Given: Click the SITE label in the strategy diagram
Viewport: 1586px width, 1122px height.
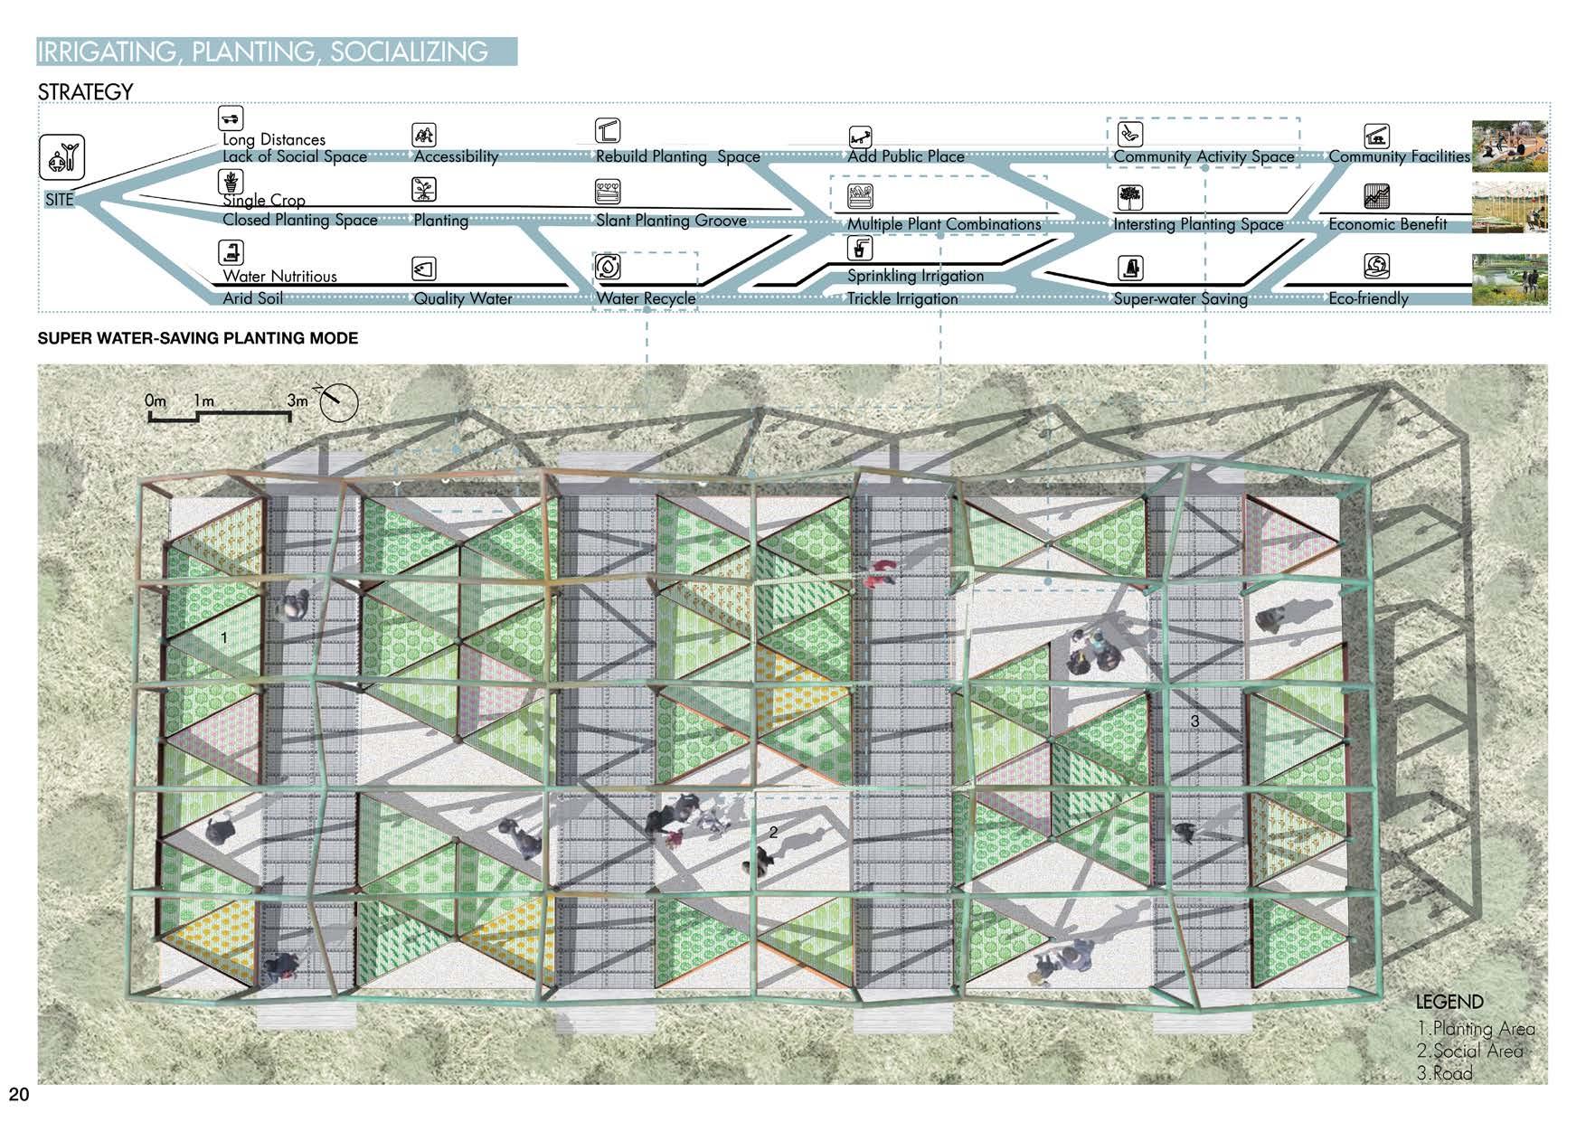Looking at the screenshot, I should click(60, 199).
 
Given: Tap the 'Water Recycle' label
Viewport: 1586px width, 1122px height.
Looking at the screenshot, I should click(646, 298).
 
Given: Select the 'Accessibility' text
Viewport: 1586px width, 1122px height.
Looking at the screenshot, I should click(456, 156).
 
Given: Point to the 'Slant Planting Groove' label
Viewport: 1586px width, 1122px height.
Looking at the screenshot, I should click(671, 221).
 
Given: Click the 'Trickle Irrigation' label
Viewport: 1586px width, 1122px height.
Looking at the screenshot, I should click(902, 298).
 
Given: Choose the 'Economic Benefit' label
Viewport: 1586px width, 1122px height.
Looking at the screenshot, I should click(1387, 224).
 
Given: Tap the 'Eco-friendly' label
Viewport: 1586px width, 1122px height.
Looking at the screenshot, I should click(1368, 298).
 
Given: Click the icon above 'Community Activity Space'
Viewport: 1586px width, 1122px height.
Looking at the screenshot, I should click(1130, 134).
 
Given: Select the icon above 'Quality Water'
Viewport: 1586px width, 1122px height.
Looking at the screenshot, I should click(424, 269).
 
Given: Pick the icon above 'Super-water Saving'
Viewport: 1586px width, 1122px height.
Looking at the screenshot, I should click(1130, 268).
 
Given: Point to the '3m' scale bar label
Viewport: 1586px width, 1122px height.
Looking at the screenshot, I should click(297, 400).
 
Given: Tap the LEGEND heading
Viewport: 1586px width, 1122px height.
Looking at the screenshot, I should click(1449, 1002).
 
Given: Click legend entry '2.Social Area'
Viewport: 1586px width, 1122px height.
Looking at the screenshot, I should click(1469, 1051).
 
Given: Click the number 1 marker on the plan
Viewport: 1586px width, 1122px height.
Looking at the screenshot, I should click(224, 637).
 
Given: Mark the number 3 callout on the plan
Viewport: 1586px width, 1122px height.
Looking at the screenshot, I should click(1194, 721).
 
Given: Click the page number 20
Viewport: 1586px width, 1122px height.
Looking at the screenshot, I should click(19, 1095).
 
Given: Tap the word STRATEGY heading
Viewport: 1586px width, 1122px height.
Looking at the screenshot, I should click(85, 92).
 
